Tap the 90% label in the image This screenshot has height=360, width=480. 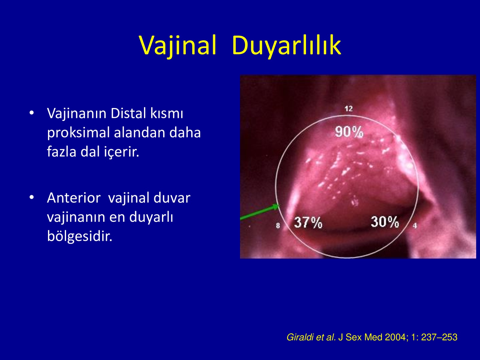[x=349, y=132]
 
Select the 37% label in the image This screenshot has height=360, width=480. [x=308, y=223]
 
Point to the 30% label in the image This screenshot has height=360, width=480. [x=385, y=222]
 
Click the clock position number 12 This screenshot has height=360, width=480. [x=349, y=109]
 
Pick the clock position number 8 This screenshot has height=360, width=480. [x=278, y=226]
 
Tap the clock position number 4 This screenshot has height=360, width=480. [x=415, y=226]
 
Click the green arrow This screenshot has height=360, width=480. [x=260, y=212]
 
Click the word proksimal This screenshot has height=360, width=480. [x=78, y=133]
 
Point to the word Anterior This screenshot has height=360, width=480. [x=74, y=198]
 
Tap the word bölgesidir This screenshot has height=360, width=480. [x=80, y=236]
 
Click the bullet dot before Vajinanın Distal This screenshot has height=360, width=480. [x=32, y=113]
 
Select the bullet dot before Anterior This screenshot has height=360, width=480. [x=32, y=197]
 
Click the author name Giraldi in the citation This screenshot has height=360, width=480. [x=300, y=337]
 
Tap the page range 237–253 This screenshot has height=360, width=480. [x=439, y=337]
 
